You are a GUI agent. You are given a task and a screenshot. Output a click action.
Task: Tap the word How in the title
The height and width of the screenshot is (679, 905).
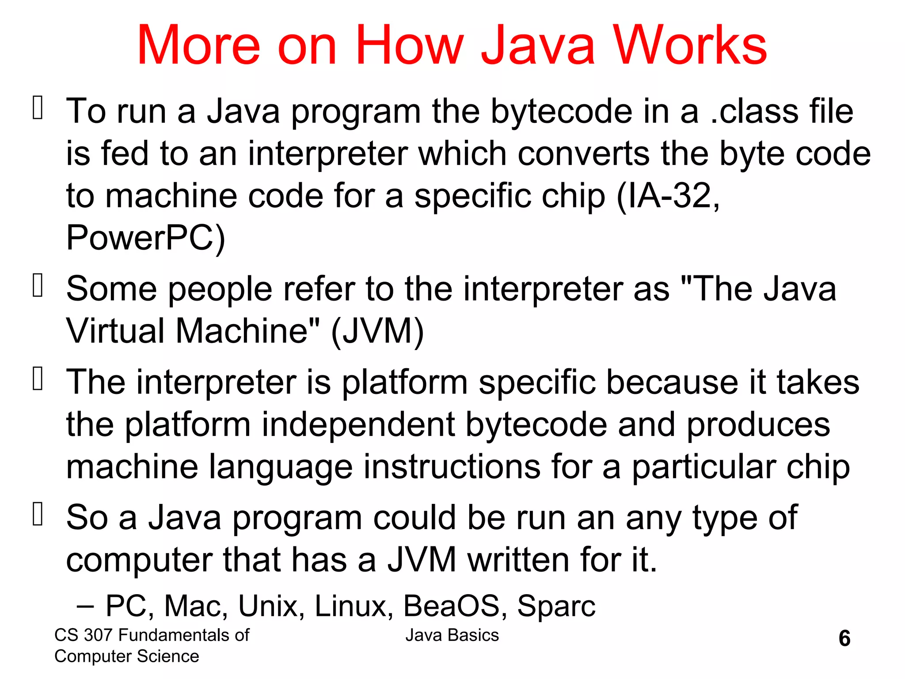[409, 45]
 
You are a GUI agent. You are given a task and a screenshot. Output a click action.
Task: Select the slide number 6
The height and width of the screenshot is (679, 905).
[844, 638]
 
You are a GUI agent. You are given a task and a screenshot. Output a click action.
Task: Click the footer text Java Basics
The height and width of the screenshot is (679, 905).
[452, 635]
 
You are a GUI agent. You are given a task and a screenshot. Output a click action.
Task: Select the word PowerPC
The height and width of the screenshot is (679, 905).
[145, 238]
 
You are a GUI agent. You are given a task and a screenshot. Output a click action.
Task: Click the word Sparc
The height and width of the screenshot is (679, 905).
[556, 606]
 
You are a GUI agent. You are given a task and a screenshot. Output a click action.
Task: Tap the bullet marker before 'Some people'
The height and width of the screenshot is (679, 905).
[38, 285]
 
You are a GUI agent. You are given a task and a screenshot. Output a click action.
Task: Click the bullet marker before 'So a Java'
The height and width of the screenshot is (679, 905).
[38, 514]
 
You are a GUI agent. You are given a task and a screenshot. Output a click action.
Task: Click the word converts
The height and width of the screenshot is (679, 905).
[583, 153]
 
